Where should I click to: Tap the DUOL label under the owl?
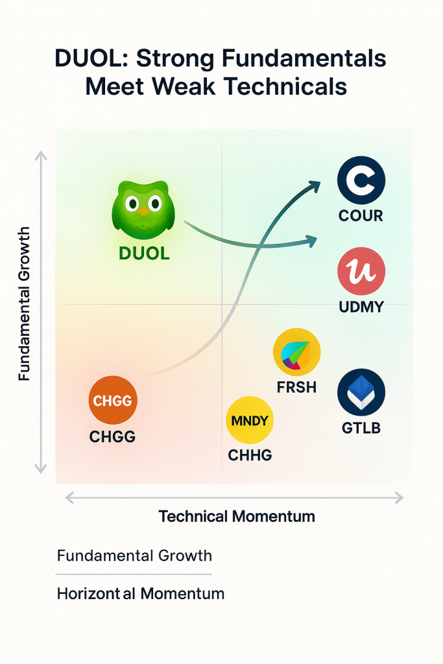click(144, 254)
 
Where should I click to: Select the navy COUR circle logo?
click(361, 182)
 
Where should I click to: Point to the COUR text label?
click(361, 216)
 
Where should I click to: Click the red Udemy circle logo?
click(361, 272)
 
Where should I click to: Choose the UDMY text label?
click(361, 307)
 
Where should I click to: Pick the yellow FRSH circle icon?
click(297, 351)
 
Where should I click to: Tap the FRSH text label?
click(296, 387)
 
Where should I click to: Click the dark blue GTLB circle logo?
click(361, 393)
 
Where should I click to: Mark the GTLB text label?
click(361, 429)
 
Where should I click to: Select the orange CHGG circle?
click(112, 401)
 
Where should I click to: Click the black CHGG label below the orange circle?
click(112, 436)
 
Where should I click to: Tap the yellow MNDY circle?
click(250, 420)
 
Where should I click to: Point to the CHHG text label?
click(250, 455)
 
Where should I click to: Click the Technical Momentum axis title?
click(237, 517)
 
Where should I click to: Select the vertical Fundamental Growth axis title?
click(24, 303)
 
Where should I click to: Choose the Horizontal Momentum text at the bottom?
click(141, 593)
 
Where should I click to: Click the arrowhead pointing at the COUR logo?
click(316, 186)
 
